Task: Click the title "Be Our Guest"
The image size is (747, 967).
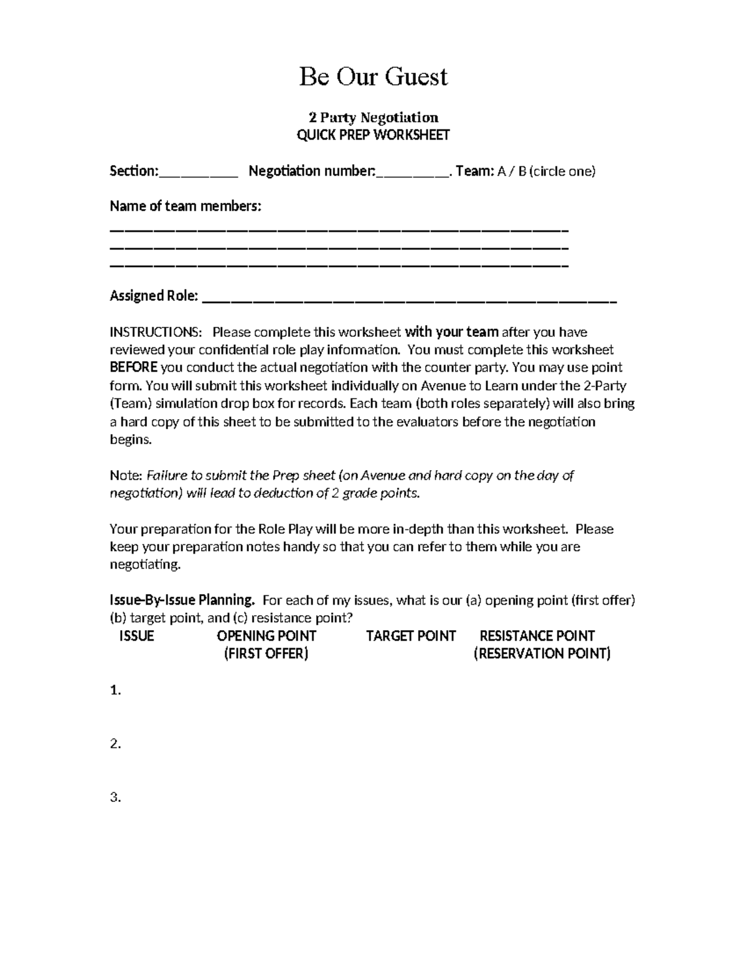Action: point(373,77)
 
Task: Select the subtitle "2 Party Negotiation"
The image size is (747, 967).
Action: point(374,117)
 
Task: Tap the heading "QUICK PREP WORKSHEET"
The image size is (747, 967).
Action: point(373,135)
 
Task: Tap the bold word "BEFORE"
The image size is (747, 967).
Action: point(133,367)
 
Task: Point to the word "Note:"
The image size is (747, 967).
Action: point(126,476)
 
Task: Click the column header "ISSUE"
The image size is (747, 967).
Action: point(136,636)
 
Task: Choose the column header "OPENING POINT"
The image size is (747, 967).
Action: point(266,636)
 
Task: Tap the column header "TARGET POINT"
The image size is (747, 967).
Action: point(411,636)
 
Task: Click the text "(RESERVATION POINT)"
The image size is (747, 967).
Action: point(542,654)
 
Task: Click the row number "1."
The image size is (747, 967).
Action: point(115,691)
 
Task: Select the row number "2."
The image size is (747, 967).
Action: point(115,744)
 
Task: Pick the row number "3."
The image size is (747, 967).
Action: point(115,798)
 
